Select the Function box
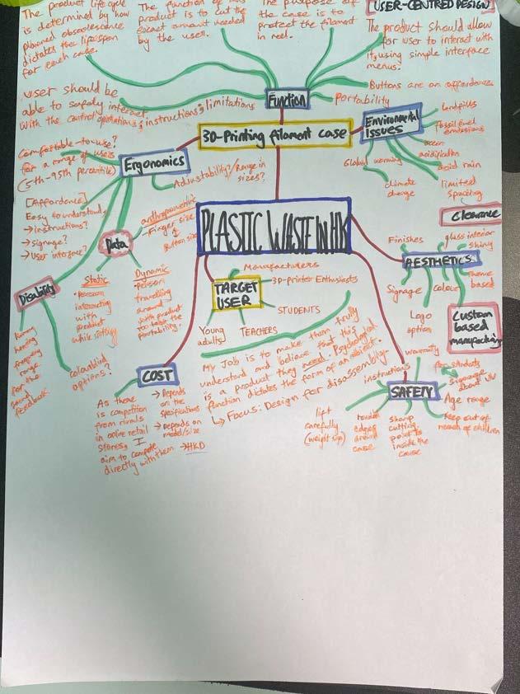(x=287, y=100)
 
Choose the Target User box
(x=236, y=293)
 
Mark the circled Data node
(x=112, y=244)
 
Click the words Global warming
(x=368, y=163)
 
